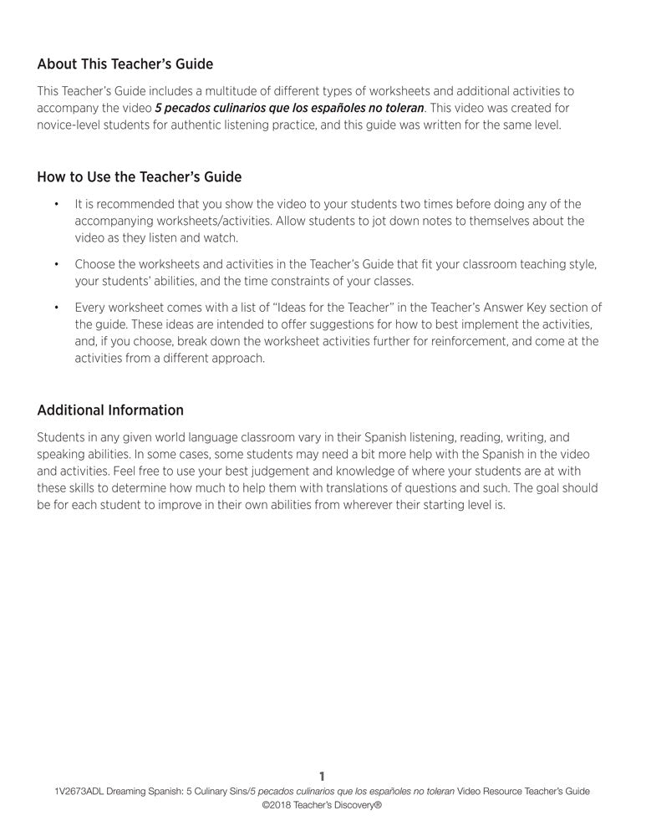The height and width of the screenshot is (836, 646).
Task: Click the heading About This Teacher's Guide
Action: pos(125,64)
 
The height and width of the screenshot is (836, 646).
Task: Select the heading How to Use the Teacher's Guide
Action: pos(140,177)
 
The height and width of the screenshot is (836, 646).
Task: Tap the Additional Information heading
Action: pos(110,410)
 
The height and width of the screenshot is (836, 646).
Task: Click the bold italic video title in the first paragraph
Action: pos(289,108)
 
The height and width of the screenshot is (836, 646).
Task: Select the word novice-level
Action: pos(72,125)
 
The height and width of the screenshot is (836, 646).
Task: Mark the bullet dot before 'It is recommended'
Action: pos(55,204)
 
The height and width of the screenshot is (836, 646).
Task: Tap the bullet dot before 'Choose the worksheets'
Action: pos(55,264)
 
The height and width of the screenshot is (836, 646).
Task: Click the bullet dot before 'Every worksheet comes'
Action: pos(55,308)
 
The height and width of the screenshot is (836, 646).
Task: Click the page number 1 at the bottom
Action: pos(323,777)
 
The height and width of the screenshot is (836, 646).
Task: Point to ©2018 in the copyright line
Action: pos(276,807)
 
